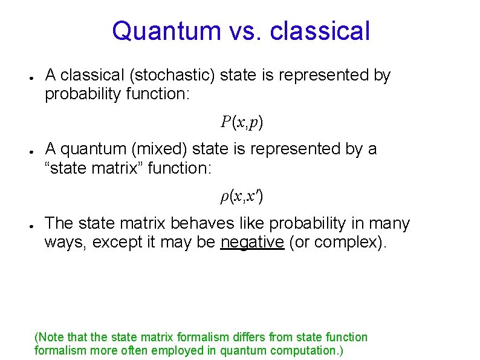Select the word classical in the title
[x=320, y=31]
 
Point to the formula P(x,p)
[x=242, y=122]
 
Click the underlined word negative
[x=252, y=242]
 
